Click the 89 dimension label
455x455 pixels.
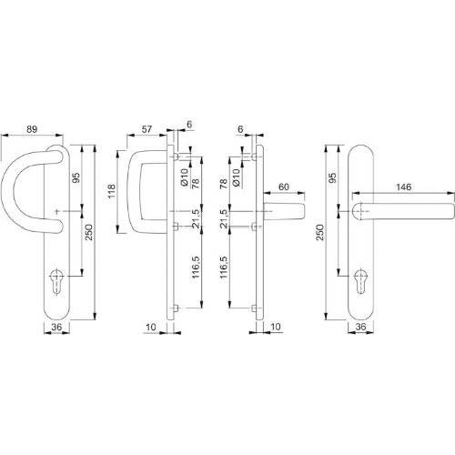click(x=32, y=129)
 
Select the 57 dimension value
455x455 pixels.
click(x=147, y=129)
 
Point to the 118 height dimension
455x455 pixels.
click(x=112, y=191)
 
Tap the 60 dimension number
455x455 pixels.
click(x=284, y=187)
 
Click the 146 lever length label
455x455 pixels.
click(x=403, y=187)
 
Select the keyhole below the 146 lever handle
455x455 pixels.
click(x=360, y=281)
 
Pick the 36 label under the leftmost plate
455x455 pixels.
click(x=56, y=327)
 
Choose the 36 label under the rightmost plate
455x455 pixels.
click(x=360, y=327)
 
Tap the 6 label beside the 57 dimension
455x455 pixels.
click(x=189, y=125)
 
